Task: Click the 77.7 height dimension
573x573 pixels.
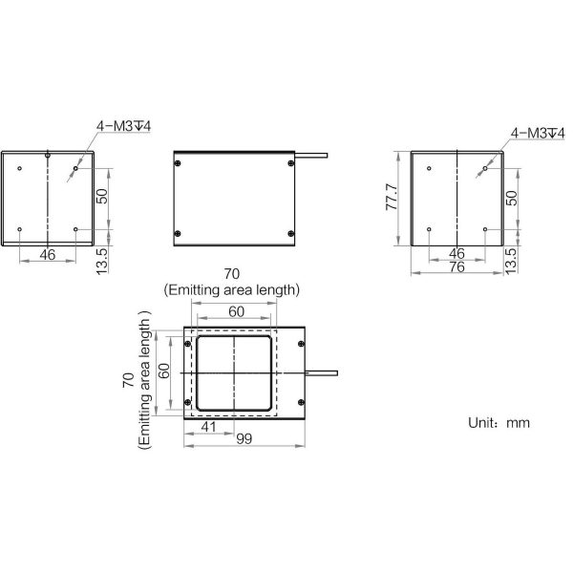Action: tap(392, 198)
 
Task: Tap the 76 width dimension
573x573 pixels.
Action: tap(456, 267)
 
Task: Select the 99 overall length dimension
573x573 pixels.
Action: tap(244, 439)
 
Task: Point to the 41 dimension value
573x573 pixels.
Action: tap(208, 427)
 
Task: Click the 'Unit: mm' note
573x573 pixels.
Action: tap(499, 423)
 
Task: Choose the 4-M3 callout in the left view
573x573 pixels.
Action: tap(123, 126)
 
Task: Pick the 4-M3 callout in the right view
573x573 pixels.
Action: tap(538, 133)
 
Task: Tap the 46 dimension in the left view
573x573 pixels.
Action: tap(47, 255)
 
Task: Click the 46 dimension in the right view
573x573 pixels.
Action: tap(456, 253)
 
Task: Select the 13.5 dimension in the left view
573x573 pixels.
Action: tap(102, 261)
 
